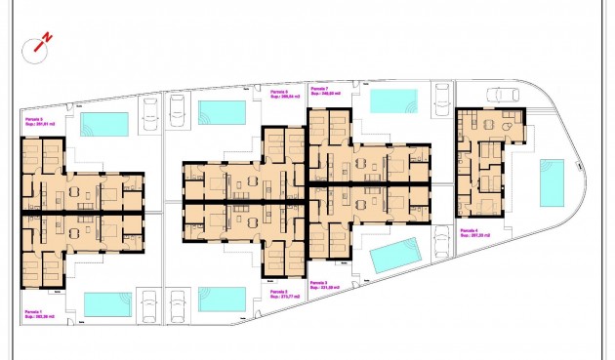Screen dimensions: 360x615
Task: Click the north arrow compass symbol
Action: [x=42, y=43]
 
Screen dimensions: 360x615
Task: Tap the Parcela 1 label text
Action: [x=37, y=310]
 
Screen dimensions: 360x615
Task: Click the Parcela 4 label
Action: [x=474, y=230]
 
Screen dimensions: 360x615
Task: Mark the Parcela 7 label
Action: [x=320, y=88]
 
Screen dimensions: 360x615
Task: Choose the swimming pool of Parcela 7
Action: [x=393, y=100]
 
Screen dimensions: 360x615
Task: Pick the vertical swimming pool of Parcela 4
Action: [x=552, y=182]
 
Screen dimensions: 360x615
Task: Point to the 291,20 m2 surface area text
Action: [x=475, y=236]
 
